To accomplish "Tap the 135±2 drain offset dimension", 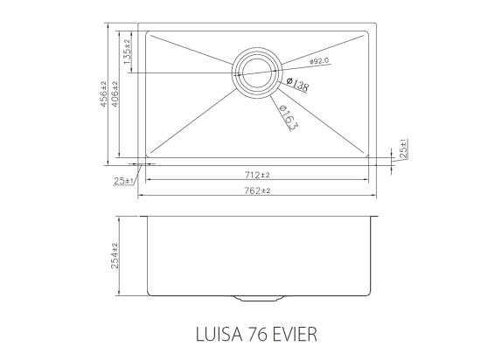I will [128, 52].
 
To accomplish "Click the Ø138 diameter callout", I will [297, 85].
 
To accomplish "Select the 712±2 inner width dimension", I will [257, 174].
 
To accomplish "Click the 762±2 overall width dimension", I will [257, 190].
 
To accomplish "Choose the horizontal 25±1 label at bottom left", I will [122, 181].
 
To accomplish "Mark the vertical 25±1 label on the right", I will [403, 149].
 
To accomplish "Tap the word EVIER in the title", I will [288, 333].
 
